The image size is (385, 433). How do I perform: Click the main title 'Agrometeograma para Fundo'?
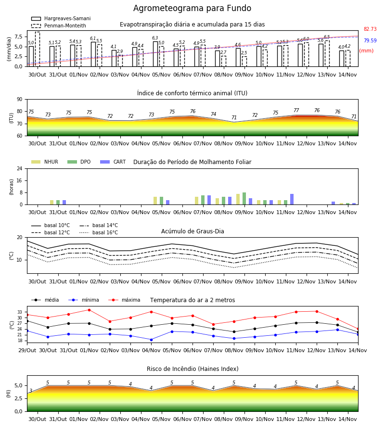coord(192,8)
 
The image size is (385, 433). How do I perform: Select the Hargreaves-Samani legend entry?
coord(61,18)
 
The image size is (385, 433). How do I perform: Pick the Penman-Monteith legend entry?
coord(59,25)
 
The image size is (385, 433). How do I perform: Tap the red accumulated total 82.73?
coord(370,29)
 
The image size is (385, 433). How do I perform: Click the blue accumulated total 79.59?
coord(370,40)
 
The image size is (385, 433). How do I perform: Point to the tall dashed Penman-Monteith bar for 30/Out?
coord(37,49)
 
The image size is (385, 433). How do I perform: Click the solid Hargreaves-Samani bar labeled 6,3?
coord(155,54)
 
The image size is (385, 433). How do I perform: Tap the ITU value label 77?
coord(296,110)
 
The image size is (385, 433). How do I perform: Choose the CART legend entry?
coord(113,162)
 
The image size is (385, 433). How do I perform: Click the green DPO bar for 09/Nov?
coord(244,199)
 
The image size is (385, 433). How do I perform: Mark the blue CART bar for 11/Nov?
coord(292,199)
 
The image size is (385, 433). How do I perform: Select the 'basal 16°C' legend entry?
coord(99,232)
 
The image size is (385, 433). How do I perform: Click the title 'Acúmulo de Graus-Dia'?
coord(192,231)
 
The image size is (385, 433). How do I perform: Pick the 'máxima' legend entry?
coord(124,300)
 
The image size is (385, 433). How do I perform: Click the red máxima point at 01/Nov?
coord(89,310)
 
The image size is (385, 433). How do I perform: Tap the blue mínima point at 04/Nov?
coord(151,340)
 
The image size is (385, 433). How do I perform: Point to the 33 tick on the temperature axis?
coord(20,312)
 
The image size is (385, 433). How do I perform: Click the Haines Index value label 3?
coord(31,391)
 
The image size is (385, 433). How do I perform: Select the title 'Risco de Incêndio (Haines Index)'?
coord(192,369)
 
